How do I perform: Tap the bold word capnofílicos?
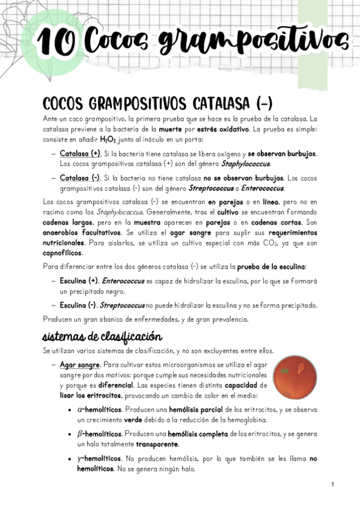(x=66, y=254)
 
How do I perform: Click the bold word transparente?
(x=157, y=444)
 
